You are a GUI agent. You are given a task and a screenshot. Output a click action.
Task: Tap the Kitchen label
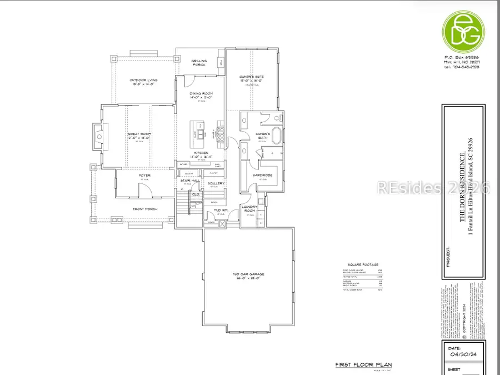click(201, 152)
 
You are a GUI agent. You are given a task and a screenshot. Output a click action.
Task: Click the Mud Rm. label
click(214, 211)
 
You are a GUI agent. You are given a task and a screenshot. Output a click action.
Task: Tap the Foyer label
click(144, 176)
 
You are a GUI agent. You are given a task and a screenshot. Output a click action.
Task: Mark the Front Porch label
click(146, 209)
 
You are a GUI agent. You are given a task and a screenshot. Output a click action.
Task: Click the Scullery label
click(216, 183)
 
